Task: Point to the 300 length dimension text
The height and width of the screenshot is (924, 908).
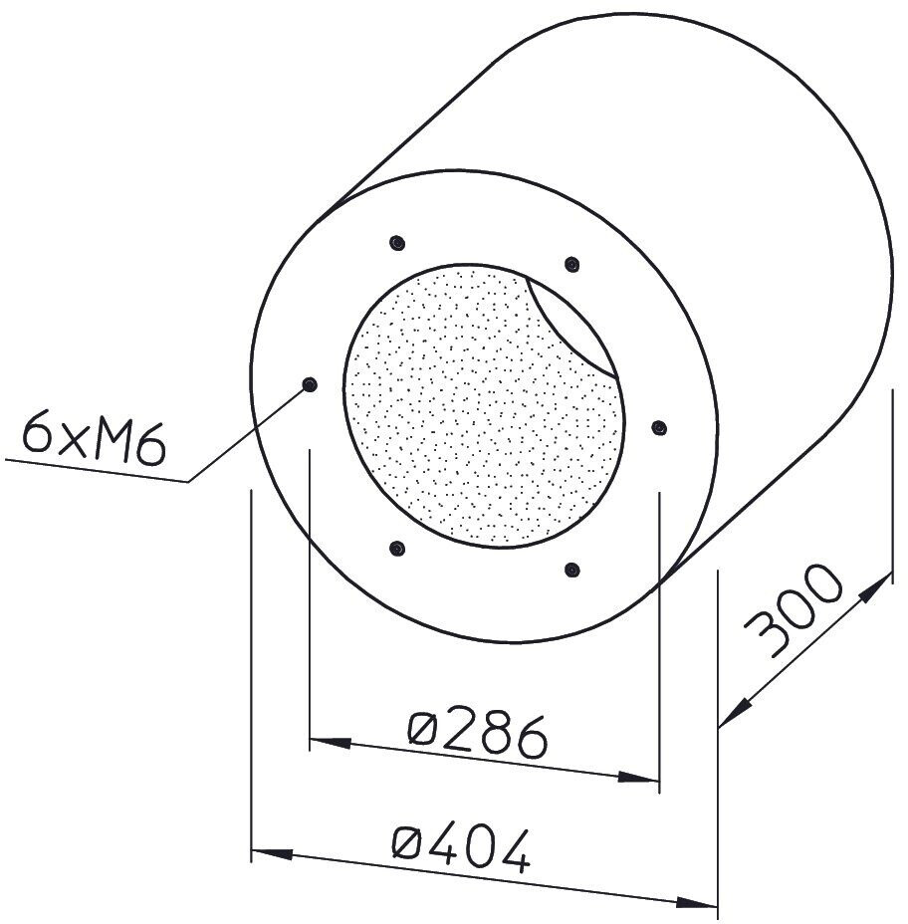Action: click(793, 609)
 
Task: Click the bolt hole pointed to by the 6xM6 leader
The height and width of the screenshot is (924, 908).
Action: click(310, 384)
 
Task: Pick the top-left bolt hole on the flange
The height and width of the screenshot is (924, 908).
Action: click(397, 243)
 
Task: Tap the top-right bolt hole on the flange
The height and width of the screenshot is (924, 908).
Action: click(571, 264)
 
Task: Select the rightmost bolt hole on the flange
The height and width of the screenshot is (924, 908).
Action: click(659, 427)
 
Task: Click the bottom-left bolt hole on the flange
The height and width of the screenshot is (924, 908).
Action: click(397, 549)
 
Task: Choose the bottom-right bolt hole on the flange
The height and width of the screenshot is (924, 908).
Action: click(571, 570)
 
